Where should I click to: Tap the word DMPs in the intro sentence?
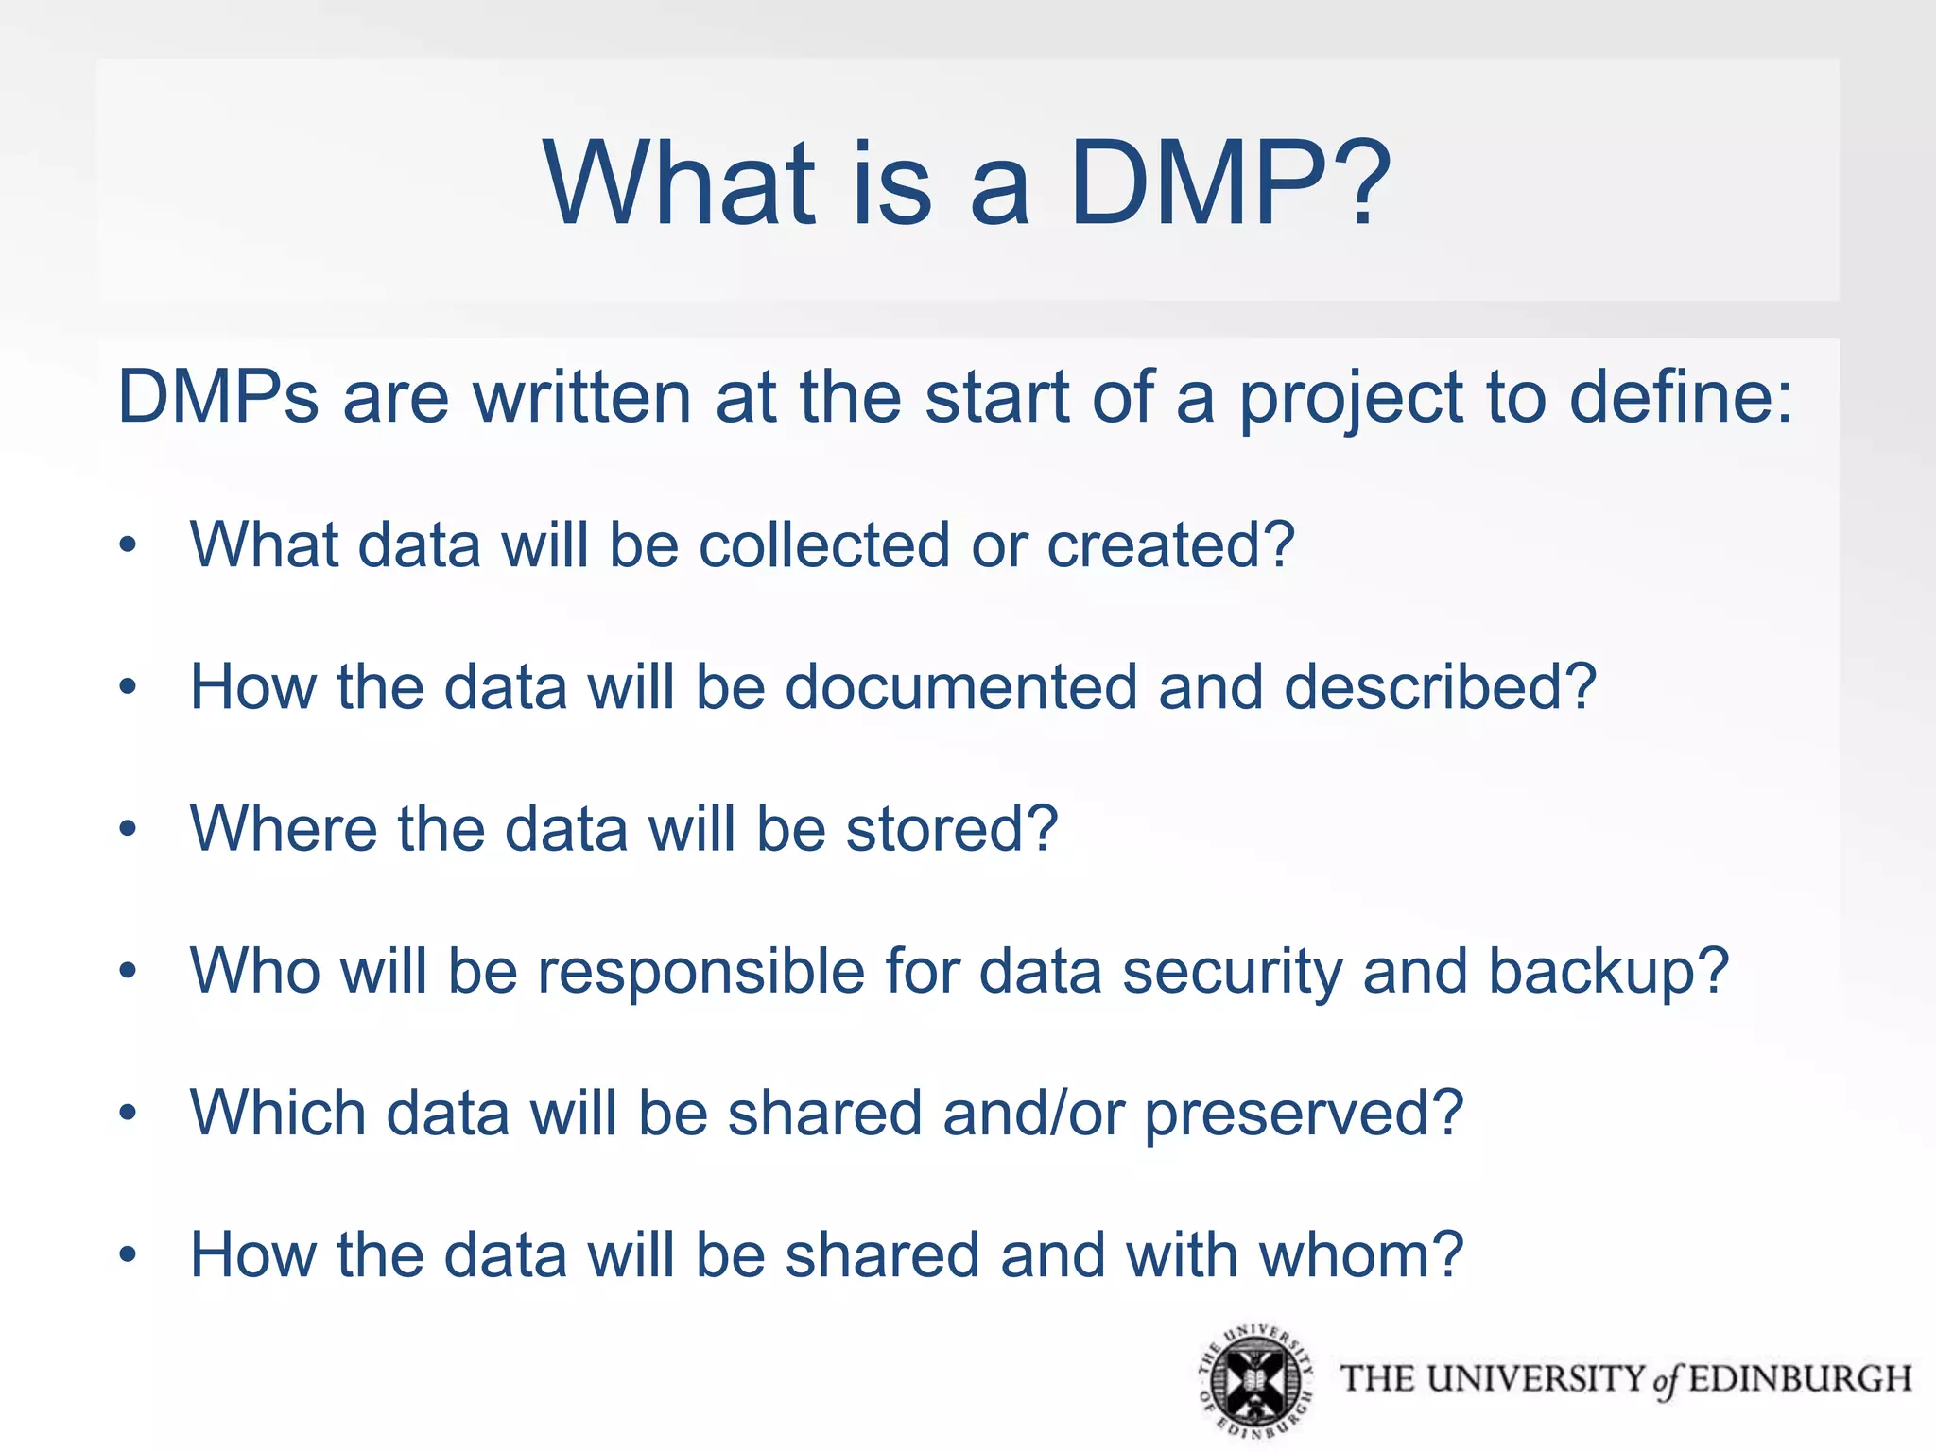point(218,396)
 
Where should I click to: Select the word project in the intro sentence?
point(1351,398)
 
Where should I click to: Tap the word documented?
point(960,686)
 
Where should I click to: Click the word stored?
point(951,828)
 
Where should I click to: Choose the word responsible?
point(700,972)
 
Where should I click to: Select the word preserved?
point(1304,1114)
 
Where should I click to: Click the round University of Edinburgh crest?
point(1255,1381)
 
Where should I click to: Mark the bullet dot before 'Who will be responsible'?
point(129,971)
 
